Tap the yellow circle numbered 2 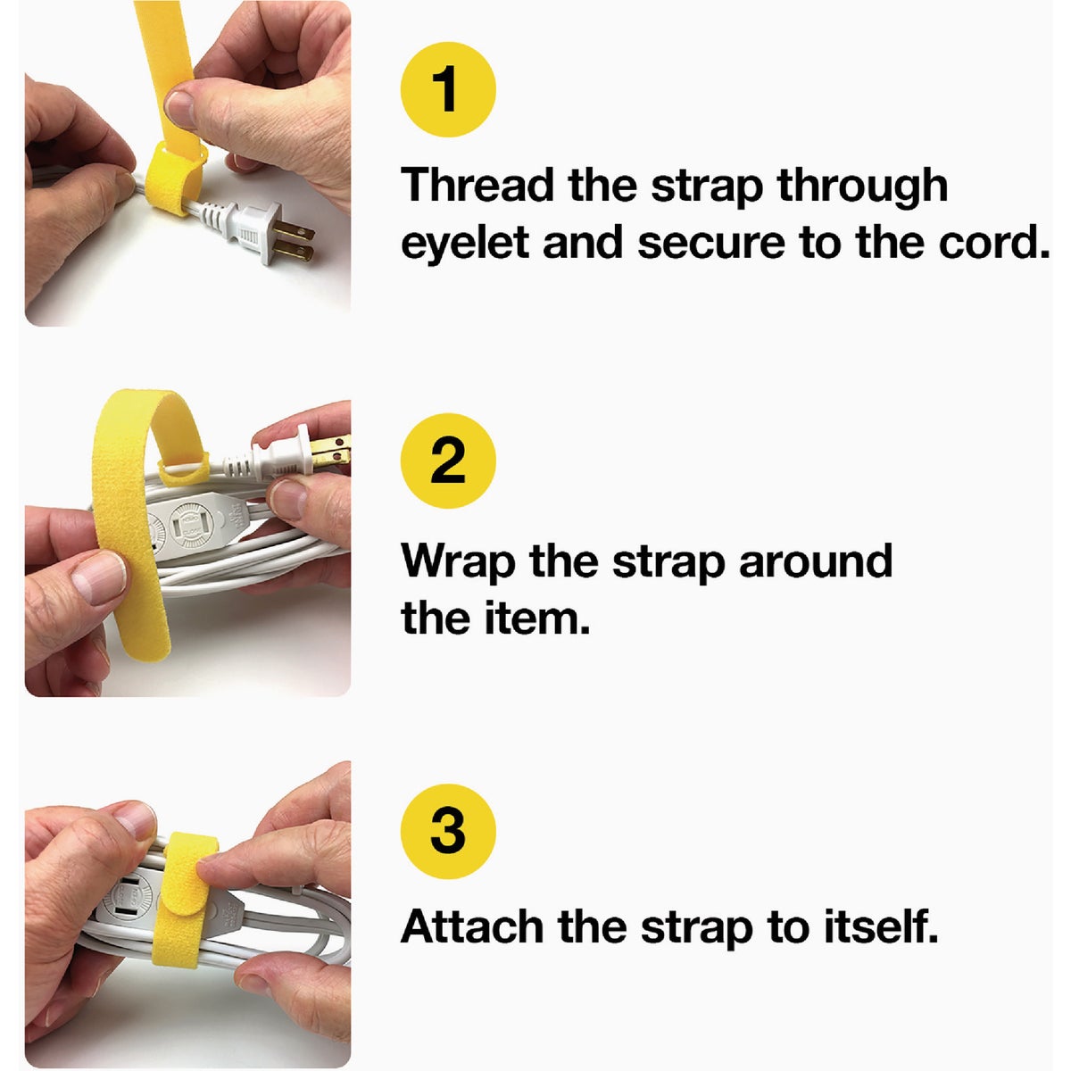[x=448, y=461]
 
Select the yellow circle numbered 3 [x=448, y=831]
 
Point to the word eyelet [x=465, y=244]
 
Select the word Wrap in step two [x=458, y=562]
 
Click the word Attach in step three [x=473, y=927]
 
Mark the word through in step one [x=861, y=186]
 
